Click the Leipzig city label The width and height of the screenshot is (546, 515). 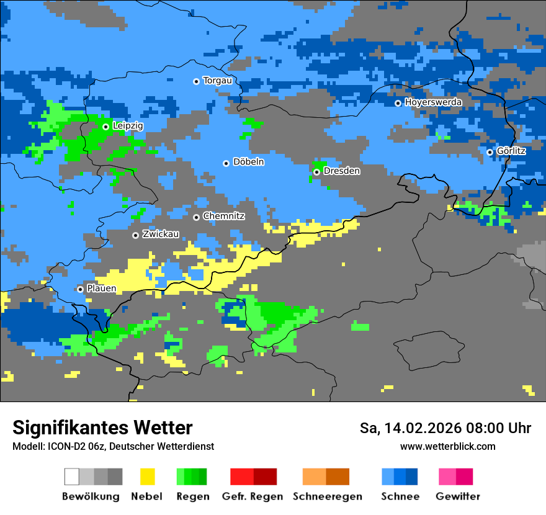[128, 126]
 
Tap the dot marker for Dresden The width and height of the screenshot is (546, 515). [316, 172]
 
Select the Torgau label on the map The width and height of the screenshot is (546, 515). [217, 81]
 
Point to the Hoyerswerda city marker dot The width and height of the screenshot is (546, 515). [398, 103]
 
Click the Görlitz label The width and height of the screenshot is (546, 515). [511, 151]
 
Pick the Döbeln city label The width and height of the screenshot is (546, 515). [248, 162]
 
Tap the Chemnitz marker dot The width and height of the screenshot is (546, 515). [196, 217]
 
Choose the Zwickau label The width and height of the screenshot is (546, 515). [161, 235]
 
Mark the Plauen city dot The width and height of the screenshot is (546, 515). [80, 289]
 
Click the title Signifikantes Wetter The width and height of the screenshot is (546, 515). [102, 428]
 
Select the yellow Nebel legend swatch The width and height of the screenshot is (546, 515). [147, 477]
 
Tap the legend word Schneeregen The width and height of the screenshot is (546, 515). [328, 496]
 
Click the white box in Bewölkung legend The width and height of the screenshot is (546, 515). [71, 477]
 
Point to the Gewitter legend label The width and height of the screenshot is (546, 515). [458, 496]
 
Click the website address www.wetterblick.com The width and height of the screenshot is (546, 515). [447, 447]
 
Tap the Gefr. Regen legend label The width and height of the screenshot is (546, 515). [253, 496]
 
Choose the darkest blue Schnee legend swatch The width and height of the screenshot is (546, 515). [412, 477]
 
